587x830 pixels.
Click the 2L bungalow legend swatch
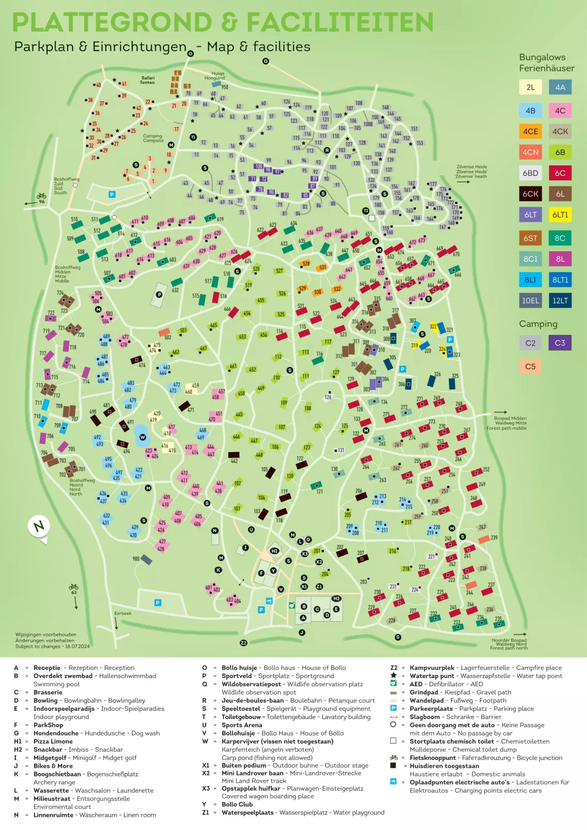[x=530, y=87]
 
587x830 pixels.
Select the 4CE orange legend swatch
[x=530, y=131]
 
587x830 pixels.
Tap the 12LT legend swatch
[x=560, y=300]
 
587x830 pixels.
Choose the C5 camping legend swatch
[x=530, y=366]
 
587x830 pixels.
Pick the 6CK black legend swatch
[x=530, y=194]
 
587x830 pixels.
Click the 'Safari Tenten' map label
[x=147, y=80]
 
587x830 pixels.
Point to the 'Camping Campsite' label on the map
[x=153, y=138]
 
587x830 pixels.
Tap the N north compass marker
[x=39, y=527]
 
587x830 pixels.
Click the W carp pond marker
[x=143, y=437]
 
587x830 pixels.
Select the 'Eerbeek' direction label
[x=122, y=613]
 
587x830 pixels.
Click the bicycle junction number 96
[x=41, y=202]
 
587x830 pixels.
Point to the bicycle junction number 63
[x=73, y=592]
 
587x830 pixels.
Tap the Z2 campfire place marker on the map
[x=243, y=643]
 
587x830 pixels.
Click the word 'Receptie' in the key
[x=47, y=668]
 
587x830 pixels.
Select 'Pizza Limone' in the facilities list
[x=53, y=741]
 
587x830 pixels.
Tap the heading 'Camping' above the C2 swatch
[x=538, y=324]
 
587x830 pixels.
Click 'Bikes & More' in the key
[x=53, y=766]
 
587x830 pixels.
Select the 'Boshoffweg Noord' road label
[x=82, y=487]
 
